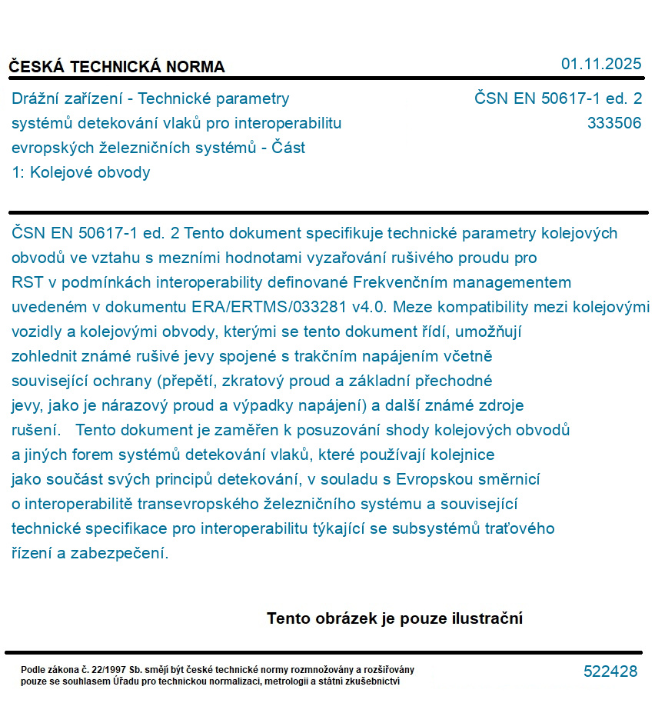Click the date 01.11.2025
coord(601,64)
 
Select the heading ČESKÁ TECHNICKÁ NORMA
coord(117,67)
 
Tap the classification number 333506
coord(613,123)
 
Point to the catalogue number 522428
coord(610,671)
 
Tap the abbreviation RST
coord(28,282)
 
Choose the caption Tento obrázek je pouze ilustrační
coord(394,618)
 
